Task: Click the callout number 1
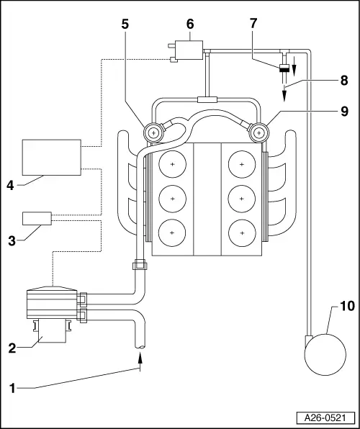click(12, 387)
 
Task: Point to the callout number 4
click(10, 184)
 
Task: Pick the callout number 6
click(190, 23)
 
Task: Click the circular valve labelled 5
click(153, 132)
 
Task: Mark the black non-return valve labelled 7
click(285, 68)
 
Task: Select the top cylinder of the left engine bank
click(172, 165)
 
